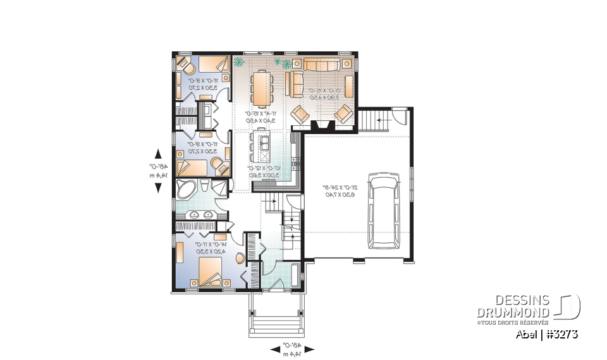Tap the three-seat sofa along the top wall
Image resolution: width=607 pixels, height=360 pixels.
[322, 64]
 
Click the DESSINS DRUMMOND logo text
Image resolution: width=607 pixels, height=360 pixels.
[513, 306]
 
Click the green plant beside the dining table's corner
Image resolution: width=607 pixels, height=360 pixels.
[239, 62]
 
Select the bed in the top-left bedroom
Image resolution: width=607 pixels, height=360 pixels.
[214, 64]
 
